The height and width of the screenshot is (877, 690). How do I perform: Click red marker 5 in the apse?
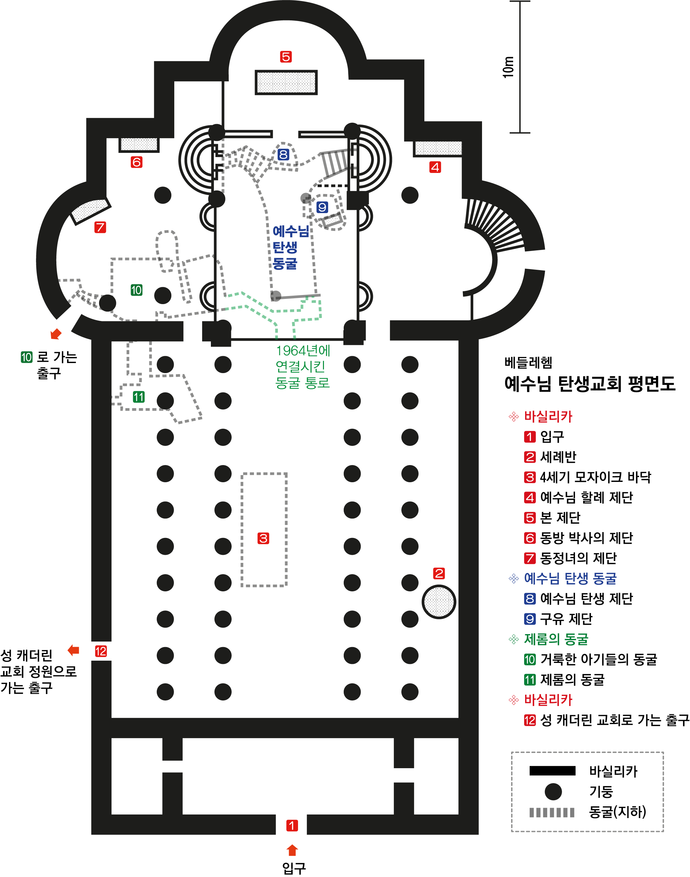[x=286, y=57]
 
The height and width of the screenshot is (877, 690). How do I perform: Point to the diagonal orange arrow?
[x=56, y=334]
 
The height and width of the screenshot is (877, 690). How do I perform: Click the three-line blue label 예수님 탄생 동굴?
[x=290, y=247]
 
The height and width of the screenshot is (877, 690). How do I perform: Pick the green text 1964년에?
[x=303, y=351]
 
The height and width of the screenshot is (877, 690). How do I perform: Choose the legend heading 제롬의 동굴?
[x=556, y=639]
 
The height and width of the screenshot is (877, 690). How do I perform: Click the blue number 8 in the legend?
[x=530, y=599]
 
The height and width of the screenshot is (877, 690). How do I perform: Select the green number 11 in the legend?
[x=530, y=680]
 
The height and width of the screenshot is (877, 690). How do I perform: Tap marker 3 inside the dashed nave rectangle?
[x=263, y=538]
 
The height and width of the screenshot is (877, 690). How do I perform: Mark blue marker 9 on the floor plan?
[x=322, y=207]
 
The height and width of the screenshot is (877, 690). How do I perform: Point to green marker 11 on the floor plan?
[x=139, y=397]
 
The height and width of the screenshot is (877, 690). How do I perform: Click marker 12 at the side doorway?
[x=101, y=651]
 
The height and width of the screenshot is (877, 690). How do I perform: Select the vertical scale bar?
[x=520, y=67]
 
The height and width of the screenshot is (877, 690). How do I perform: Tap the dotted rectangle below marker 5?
[x=286, y=82]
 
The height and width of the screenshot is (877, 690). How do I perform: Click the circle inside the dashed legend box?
[x=553, y=792]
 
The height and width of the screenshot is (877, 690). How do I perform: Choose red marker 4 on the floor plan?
[x=435, y=167]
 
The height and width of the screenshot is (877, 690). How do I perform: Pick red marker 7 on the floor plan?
[x=100, y=227]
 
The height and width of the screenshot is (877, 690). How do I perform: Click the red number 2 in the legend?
[x=530, y=457]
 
